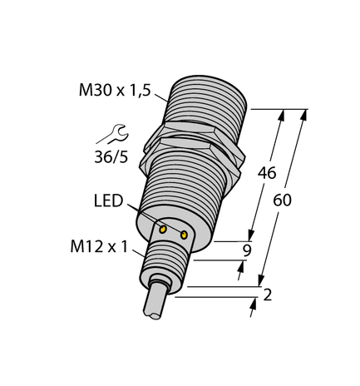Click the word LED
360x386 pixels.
[109, 203]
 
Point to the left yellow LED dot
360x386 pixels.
[164, 228]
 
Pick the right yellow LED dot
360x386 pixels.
[184, 235]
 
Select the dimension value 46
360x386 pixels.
[266, 174]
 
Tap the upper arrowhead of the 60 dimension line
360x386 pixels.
[303, 114]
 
